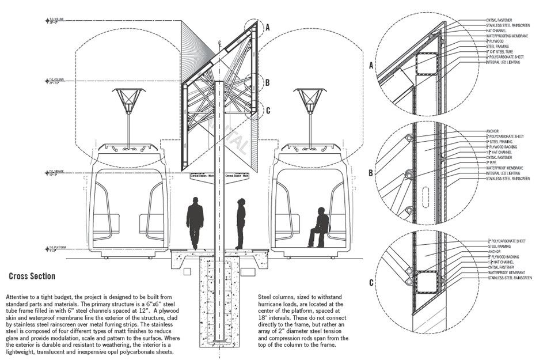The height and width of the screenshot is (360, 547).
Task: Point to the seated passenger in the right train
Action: [x=319, y=227]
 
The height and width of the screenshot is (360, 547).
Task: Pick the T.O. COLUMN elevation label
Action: [x=55, y=79]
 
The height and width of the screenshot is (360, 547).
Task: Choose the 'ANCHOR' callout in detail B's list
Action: [x=492, y=131]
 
